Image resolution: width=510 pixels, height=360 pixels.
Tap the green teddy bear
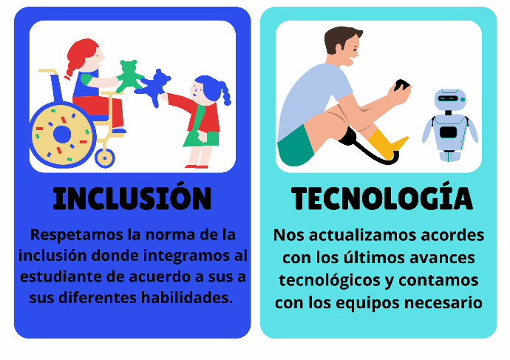129,76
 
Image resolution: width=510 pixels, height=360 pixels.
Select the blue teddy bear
154,87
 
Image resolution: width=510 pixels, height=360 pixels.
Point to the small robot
450,125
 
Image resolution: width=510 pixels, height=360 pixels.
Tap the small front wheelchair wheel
105,158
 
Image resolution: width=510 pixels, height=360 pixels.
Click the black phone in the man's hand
401,85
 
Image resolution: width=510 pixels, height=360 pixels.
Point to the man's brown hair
341,38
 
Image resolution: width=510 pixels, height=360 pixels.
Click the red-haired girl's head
85,55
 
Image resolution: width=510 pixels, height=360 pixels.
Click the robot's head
450,98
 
